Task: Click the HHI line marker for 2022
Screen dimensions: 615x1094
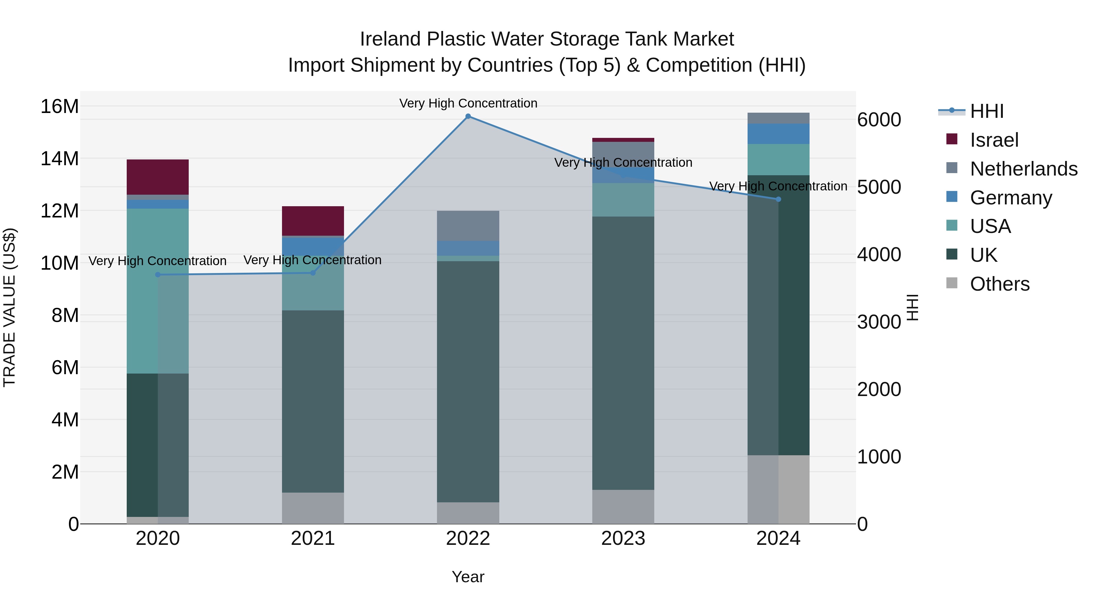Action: pyautogui.click(x=468, y=116)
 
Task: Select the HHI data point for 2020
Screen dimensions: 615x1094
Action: pyautogui.click(x=158, y=275)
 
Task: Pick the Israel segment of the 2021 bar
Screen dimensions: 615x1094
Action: pyautogui.click(x=313, y=221)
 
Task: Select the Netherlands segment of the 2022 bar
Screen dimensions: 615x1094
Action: pyautogui.click(x=468, y=226)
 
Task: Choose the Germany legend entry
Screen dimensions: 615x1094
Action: pyautogui.click(x=1011, y=198)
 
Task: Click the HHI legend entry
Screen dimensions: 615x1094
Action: pyautogui.click(x=986, y=111)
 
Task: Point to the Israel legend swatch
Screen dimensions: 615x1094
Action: pyautogui.click(x=952, y=139)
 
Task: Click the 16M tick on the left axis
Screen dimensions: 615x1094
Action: pyautogui.click(x=60, y=106)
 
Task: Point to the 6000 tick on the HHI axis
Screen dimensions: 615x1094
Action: pyautogui.click(x=879, y=120)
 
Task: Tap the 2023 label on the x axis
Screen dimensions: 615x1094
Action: pyautogui.click(x=623, y=538)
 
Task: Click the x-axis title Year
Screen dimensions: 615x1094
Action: pyautogui.click(x=468, y=577)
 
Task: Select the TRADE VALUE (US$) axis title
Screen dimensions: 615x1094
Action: pyautogui.click(x=9, y=307)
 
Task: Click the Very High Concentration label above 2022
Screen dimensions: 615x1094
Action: pyautogui.click(x=468, y=103)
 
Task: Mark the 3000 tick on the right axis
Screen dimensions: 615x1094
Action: pyautogui.click(x=879, y=322)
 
